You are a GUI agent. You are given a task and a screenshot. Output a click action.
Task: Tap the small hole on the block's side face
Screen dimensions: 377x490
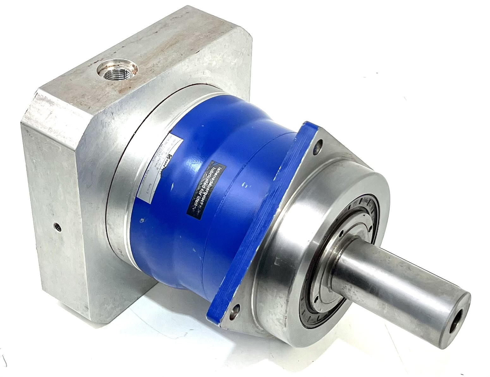tap(57, 226)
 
